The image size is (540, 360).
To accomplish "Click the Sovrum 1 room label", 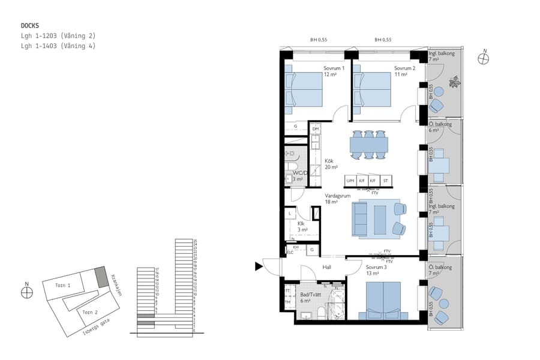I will tap(334, 71).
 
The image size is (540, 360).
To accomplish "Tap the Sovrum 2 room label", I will tap(404, 71).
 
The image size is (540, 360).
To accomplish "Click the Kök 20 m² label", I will tap(331, 164).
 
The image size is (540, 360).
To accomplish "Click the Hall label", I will tap(326, 268).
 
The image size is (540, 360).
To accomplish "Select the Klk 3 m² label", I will tap(302, 227).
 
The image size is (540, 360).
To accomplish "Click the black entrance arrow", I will tap(259, 266).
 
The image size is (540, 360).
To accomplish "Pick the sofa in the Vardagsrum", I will tap(361, 218).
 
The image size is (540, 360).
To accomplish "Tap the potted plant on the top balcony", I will tap(456, 82).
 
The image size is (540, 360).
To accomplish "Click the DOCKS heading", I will tap(30, 26).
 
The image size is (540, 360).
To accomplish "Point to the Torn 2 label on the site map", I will tap(89, 312).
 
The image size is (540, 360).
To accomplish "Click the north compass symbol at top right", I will tap(484, 58).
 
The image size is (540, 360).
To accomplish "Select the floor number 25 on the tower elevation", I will tap(195, 241).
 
